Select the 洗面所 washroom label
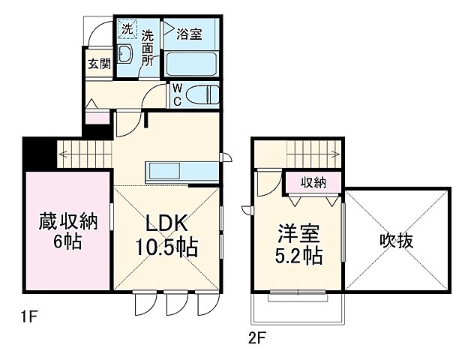148,47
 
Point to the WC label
177,94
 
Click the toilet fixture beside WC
203,95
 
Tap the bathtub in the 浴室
192,63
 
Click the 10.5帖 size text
166,247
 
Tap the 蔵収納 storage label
68,223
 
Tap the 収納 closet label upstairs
313,182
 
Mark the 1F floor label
28,318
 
